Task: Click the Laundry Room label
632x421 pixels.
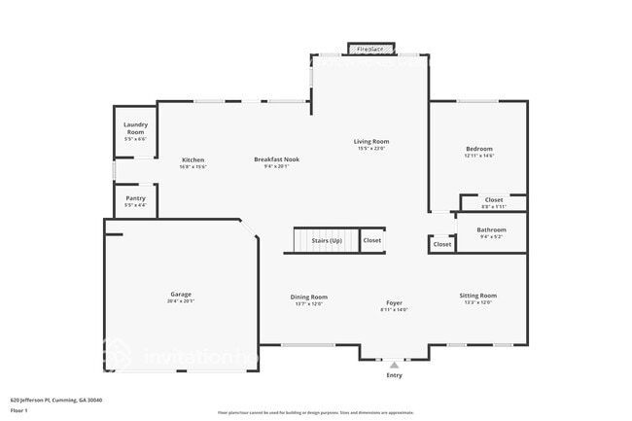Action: [134, 128]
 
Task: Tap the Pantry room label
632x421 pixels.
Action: [135, 198]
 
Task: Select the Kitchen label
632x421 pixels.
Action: [193, 159]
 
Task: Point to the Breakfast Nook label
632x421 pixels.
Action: [276, 159]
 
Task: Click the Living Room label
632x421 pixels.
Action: [370, 142]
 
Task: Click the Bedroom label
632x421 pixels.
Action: [478, 149]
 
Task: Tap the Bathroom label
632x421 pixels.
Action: [490, 230]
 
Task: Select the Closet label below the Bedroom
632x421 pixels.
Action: [494, 200]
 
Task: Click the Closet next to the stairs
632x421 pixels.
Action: [372, 240]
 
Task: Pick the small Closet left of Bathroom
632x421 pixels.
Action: [442, 244]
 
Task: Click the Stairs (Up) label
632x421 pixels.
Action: [326, 240]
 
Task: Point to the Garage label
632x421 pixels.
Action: [181, 294]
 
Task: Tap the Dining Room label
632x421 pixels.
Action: [308, 297]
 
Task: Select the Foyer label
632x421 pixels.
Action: [394, 302]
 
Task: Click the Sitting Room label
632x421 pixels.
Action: [477, 296]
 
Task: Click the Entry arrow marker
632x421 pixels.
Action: [394, 365]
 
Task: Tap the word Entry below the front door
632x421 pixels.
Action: [394, 375]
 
